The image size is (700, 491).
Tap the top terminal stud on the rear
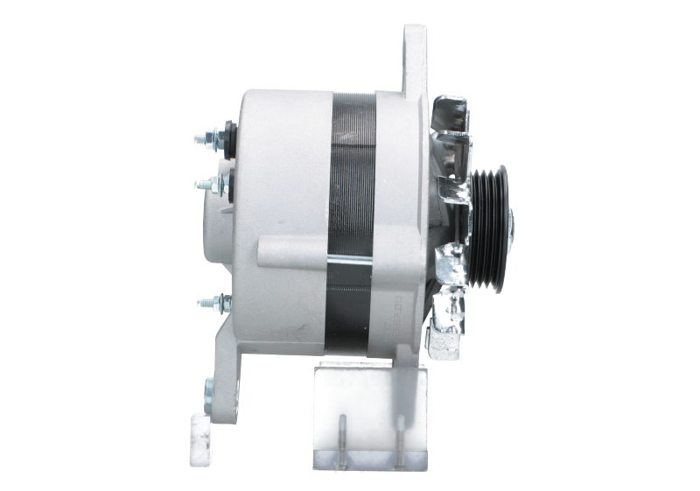click(208, 138)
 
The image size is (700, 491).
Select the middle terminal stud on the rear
click(206, 184)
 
